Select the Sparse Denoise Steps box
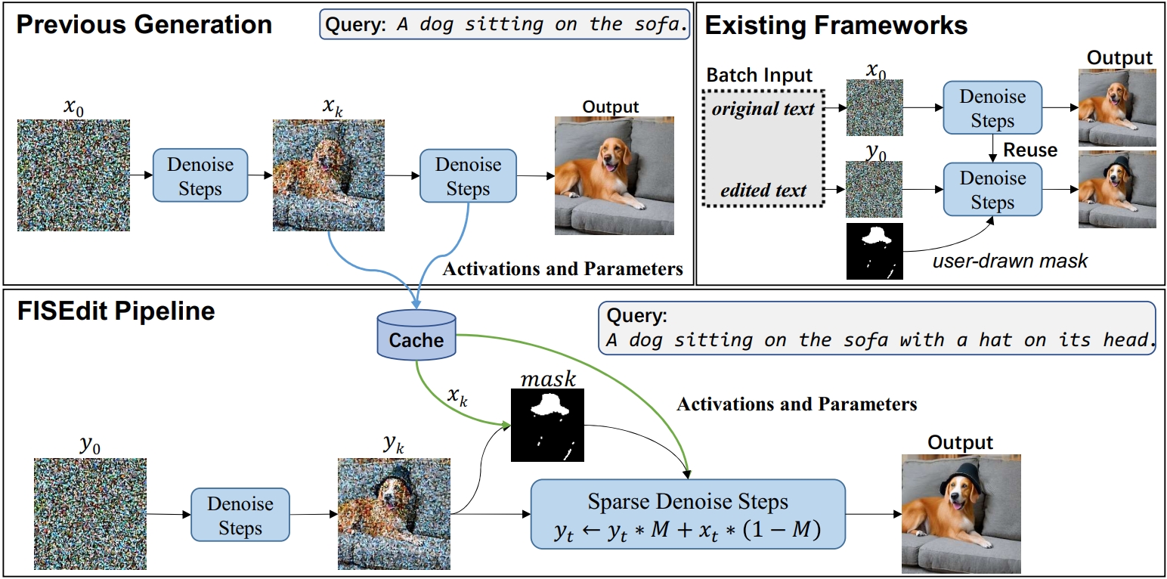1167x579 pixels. point(687,515)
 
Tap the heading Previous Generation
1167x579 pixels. point(144,24)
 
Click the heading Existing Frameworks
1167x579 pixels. point(836,25)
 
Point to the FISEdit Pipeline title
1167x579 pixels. point(116,311)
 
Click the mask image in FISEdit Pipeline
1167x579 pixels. point(547,425)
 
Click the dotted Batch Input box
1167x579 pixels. point(763,147)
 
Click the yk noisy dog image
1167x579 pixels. point(394,514)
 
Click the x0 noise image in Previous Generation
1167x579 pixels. point(73,175)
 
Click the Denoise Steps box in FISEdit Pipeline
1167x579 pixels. point(240,516)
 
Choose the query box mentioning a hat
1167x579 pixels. point(881,328)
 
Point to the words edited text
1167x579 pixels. point(763,190)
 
